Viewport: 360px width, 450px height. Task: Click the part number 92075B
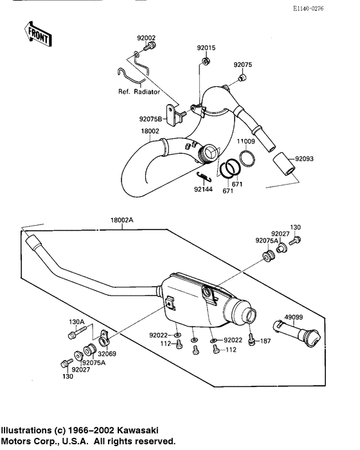[152, 118]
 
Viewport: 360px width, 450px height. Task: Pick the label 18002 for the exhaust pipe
[150, 131]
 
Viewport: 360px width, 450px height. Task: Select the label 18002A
[122, 220]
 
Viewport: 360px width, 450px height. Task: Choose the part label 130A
[76, 322]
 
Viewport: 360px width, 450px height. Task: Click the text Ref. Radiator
[139, 92]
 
